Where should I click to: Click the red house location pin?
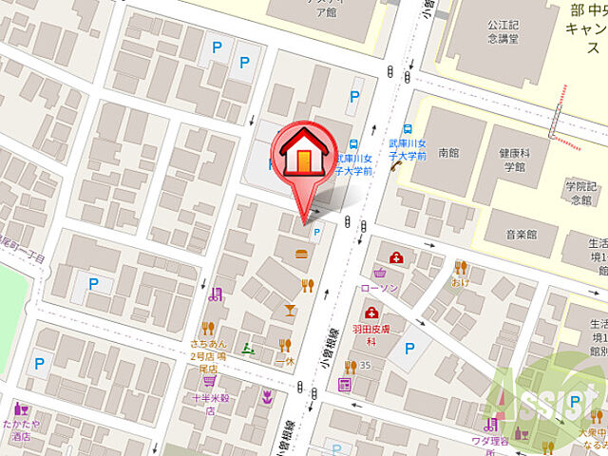point(304,157)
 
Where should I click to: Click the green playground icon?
point(246,348)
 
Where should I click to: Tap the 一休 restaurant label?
point(282,363)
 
